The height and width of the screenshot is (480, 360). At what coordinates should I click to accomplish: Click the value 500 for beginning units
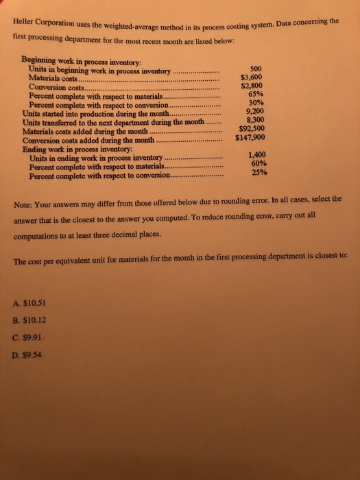coord(257,69)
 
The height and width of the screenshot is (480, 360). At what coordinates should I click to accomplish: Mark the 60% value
coord(259,163)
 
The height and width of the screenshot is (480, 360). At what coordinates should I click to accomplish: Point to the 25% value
coord(259,173)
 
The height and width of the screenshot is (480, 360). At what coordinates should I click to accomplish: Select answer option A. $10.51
coord(29,304)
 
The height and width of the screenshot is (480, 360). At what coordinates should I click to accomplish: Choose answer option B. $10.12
coord(29,320)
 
